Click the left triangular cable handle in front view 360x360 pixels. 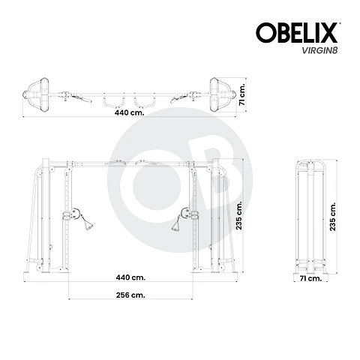click(x=88, y=221)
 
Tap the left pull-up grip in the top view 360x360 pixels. click(x=112, y=97)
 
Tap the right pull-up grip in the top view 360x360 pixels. click(x=143, y=97)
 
